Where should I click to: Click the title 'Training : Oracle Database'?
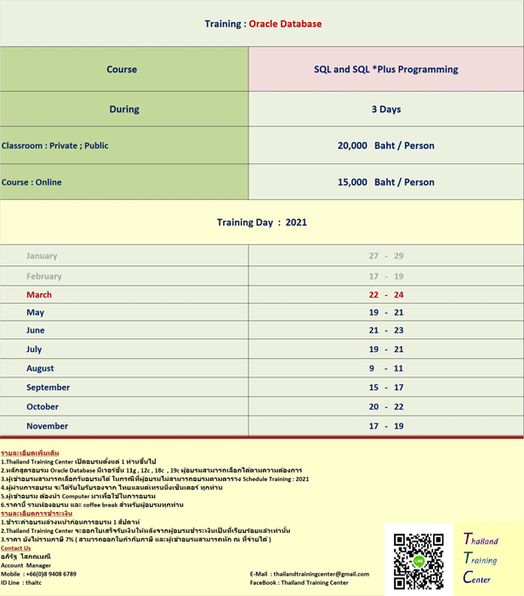pyautogui.click(x=263, y=24)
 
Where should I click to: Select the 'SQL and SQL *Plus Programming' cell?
pyautogui.click(x=385, y=69)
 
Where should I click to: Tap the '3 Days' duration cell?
pyautogui.click(x=385, y=110)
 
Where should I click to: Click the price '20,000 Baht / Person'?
pyautogui.click(x=385, y=145)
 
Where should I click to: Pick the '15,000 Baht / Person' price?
pyautogui.click(x=385, y=182)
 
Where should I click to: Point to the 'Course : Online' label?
pyautogui.click(x=31, y=182)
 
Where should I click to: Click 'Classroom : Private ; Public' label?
pyautogui.click(x=55, y=145)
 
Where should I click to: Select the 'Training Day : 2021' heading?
pyautogui.click(x=262, y=223)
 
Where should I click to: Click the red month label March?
pyautogui.click(x=39, y=294)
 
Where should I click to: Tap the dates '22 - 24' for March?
pyautogui.click(x=385, y=294)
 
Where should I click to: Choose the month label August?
pyautogui.click(x=40, y=368)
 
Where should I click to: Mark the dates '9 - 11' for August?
pyautogui.click(x=385, y=368)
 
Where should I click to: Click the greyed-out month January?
pyautogui.click(x=42, y=256)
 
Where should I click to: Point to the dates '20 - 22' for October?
pyautogui.click(x=385, y=406)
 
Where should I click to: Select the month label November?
pyautogui.click(x=47, y=426)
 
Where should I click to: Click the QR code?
pyautogui.click(x=419, y=560)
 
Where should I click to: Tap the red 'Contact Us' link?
pyautogui.click(x=15, y=548)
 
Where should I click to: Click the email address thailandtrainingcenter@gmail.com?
pyautogui.click(x=322, y=574)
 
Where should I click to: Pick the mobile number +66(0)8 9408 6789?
pyautogui.click(x=51, y=574)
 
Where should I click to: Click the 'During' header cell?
pyautogui.click(x=124, y=110)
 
